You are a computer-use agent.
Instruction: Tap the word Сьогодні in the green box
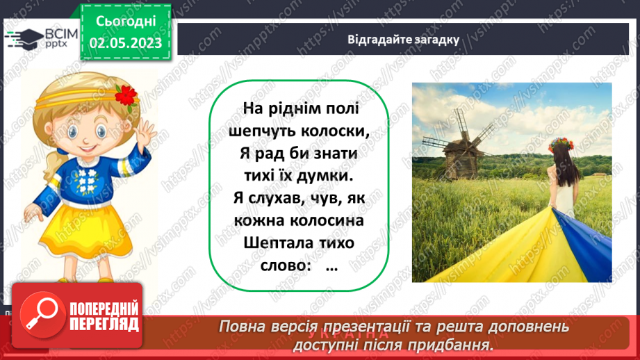click(x=125, y=21)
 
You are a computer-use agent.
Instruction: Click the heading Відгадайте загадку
click(x=404, y=39)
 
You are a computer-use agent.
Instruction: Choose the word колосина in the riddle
click(x=327, y=221)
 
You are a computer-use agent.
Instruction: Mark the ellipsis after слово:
click(x=330, y=267)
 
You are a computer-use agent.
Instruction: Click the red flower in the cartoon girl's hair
click(x=127, y=95)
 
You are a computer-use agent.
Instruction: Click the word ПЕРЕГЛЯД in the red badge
click(x=104, y=323)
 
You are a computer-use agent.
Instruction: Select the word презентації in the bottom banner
click(x=389, y=327)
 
